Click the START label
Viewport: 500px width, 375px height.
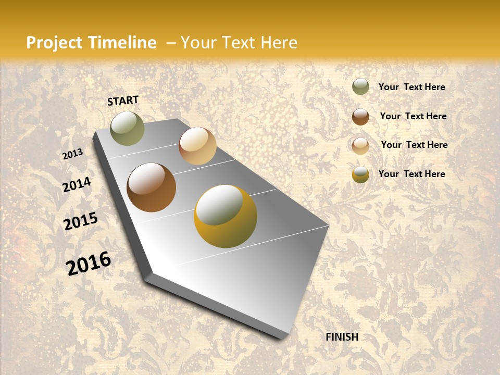[123, 101]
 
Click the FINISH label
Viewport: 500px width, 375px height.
[342, 337]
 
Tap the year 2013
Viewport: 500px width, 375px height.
[73, 154]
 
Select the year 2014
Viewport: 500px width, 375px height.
[77, 185]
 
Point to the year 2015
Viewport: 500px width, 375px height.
[81, 221]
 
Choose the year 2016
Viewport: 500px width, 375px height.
[89, 263]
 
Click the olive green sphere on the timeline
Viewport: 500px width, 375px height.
[127, 128]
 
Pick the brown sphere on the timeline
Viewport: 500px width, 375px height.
[151, 187]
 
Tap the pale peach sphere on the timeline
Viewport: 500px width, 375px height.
[197, 146]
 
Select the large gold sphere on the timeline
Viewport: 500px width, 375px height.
[226, 216]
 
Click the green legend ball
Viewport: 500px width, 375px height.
[360, 87]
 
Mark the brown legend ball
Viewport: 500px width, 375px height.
[360, 117]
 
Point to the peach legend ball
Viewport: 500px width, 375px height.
[360, 145]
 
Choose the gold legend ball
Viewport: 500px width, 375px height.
[360, 174]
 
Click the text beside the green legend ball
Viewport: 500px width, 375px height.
[411, 87]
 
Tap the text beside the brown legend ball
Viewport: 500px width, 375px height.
[413, 116]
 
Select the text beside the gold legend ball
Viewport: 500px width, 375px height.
[411, 174]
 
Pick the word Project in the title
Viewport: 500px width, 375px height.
[54, 43]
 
